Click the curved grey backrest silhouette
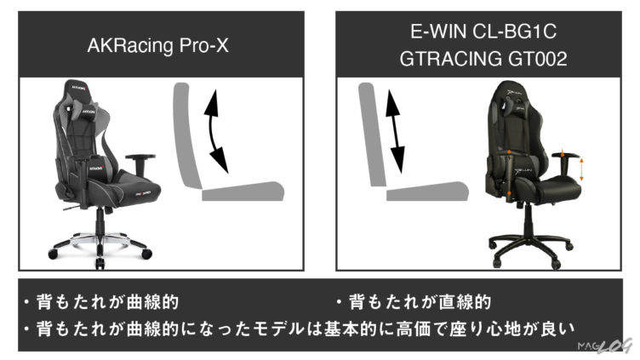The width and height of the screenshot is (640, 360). pyautogui.click(x=189, y=136)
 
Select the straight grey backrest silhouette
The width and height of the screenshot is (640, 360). pyautogui.click(x=370, y=132)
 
